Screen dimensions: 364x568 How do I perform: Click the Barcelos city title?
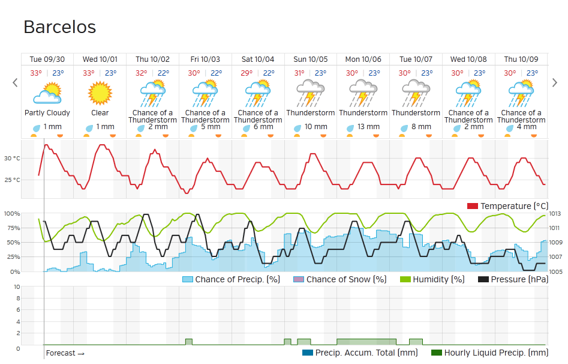[x=59, y=27]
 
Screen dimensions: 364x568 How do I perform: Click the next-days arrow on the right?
[x=555, y=83]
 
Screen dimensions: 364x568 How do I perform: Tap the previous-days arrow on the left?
[x=15, y=83]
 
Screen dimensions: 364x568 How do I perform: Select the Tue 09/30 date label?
[x=47, y=59]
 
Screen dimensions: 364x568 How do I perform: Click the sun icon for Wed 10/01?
[x=100, y=93]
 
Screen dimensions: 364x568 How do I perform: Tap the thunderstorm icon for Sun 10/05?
[x=311, y=93]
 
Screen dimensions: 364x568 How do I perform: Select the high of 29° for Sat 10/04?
[x=247, y=73]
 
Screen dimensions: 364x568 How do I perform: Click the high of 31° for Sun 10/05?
[x=299, y=73]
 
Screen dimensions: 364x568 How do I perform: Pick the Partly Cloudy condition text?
[x=47, y=113]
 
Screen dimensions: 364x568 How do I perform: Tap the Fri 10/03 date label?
[x=205, y=59]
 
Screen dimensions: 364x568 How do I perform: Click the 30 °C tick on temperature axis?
[x=12, y=159]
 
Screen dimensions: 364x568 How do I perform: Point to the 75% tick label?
[x=13, y=228]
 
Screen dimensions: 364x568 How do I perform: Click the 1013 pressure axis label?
[x=554, y=213]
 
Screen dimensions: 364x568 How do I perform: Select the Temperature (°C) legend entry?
[x=508, y=206]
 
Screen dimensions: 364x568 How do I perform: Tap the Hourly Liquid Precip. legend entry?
[x=489, y=353]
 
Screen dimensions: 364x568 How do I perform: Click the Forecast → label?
[x=65, y=353]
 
